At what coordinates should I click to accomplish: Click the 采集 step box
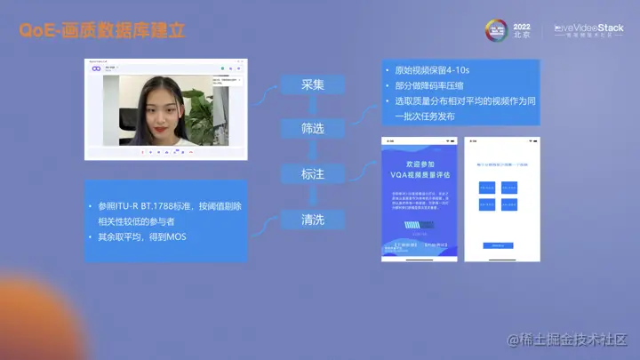coord(312,84)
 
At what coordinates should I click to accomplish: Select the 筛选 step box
coord(312,128)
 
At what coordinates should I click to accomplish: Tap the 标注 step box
coord(312,174)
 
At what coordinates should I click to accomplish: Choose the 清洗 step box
coord(312,220)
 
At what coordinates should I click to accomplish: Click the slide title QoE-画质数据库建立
coord(101,31)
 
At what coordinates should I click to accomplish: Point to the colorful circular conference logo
coord(495,30)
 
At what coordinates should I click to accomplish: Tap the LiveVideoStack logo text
coord(589,28)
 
